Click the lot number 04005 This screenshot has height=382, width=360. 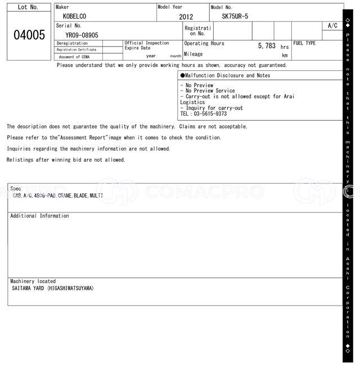[x=29, y=35]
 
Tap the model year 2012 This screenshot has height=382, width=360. [x=186, y=17]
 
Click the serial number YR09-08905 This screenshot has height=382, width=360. [x=82, y=35]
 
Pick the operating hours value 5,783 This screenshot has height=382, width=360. [x=267, y=46]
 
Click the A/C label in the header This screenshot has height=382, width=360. [x=332, y=26]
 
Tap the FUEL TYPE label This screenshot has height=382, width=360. [x=304, y=43]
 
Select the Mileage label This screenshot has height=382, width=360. [x=193, y=54]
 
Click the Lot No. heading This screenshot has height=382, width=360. [x=28, y=7]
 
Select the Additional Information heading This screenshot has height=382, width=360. [x=39, y=216]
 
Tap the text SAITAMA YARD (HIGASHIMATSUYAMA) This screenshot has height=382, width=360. [x=53, y=288]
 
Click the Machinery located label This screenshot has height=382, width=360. [x=33, y=281]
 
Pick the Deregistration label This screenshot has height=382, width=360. [x=72, y=43]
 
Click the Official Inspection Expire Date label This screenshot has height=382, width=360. [x=146, y=46]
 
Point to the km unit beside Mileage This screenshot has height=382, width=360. [x=285, y=56]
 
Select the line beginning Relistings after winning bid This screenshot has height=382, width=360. [x=66, y=160]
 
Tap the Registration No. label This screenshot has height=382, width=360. [x=197, y=30]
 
